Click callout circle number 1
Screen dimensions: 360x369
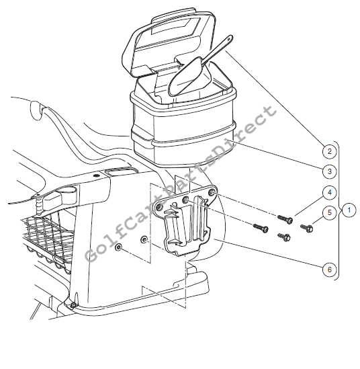coord(349,210)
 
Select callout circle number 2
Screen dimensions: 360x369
coord(329,151)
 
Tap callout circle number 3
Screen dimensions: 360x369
coord(329,171)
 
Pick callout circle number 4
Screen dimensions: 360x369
coord(329,192)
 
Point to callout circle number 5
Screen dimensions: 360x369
coord(329,212)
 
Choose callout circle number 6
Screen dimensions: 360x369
coord(329,270)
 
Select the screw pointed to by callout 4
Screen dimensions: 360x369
coord(285,219)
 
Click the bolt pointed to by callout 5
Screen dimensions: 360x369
coord(306,228)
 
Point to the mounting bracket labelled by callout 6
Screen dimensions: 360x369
coord(185,219)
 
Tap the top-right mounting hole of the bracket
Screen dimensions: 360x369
coord(212,193)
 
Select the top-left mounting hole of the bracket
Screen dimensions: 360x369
coord(159,207)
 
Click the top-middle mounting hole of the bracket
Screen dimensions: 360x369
coord(186,200)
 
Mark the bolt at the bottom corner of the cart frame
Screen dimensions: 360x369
coord(73,305)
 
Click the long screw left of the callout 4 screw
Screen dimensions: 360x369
coord(261,228)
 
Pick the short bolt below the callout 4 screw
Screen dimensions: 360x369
coord(284,237)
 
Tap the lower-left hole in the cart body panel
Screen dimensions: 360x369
coord(118,247)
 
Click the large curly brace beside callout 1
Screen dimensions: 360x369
coord(339,210)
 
